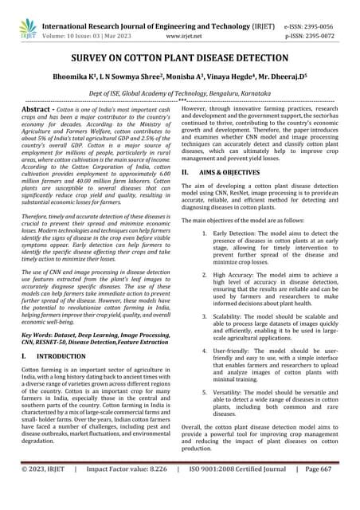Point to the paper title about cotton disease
[179, 60]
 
